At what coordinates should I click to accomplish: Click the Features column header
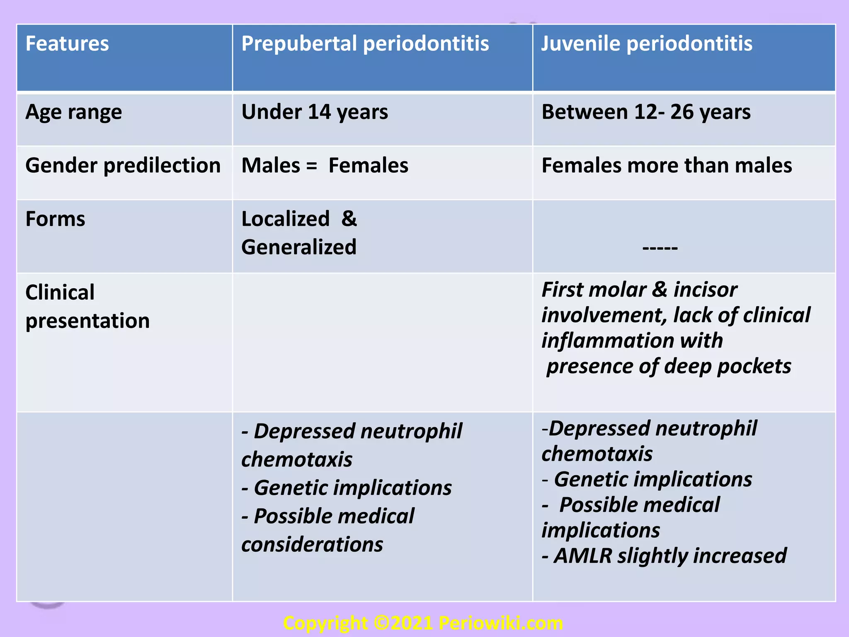67,44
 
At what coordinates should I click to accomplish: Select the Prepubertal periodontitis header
365,44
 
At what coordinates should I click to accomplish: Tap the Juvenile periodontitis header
647,44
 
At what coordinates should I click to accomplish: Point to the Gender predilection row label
123,166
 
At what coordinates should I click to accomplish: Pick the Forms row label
55,219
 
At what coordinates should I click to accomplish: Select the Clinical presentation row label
87,306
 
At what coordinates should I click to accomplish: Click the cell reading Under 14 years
315,112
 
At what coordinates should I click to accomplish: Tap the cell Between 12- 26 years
646,112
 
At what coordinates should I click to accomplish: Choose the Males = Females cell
325,166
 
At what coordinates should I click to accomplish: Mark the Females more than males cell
667,166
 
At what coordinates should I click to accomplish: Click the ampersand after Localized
349,219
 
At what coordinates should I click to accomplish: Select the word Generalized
299,247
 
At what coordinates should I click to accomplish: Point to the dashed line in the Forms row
660,248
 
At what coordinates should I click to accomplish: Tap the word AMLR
583,556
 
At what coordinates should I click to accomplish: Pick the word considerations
312,545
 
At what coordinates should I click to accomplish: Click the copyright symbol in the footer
381,623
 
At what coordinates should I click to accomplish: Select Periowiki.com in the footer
501,623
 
